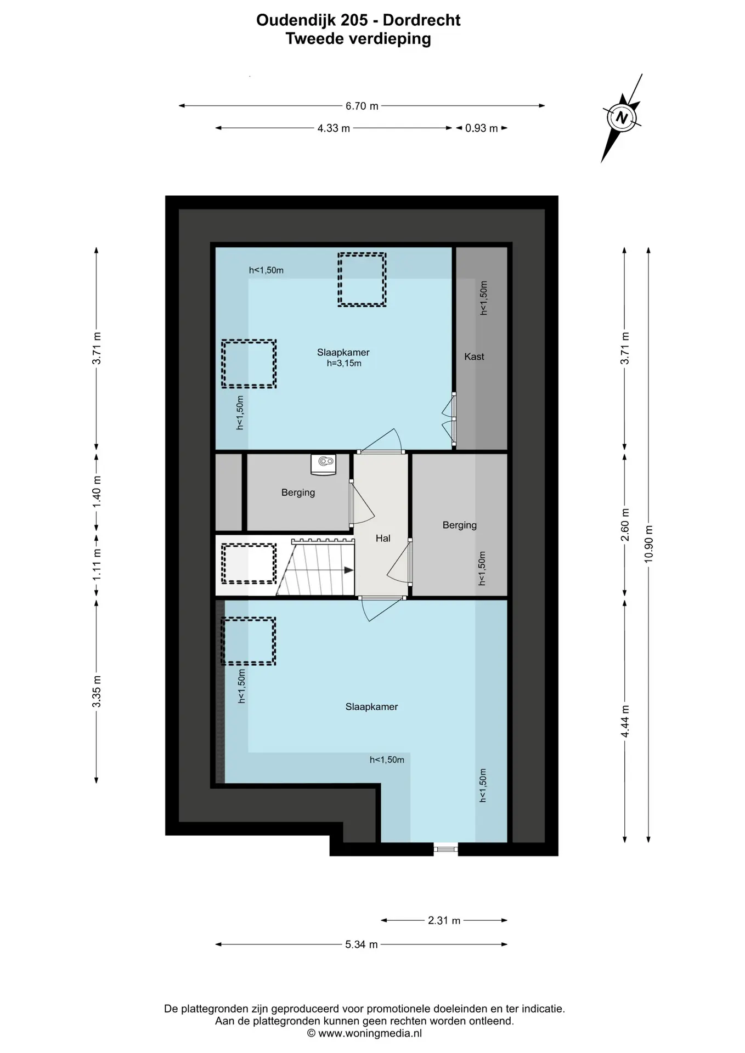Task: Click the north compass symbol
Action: click(x=622, y=118)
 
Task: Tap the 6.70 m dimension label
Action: click(x=362, y=106)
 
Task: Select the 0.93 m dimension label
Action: click(x=481, y=128)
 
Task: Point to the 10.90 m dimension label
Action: click(x=649, y=544)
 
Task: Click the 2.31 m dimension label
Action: click(x=444, y=920)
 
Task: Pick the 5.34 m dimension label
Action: click(x=362, y=944)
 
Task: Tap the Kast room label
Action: click(x=474, y=356)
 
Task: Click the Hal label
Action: click(x=383, y=539)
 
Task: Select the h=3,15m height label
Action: click(x=344, y=363)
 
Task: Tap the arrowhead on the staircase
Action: click(x=348, y=570)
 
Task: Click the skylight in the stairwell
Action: click(x=249, y=564)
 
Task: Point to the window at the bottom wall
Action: click(x=445, y=849)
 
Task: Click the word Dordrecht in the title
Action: click(x=421, y=20)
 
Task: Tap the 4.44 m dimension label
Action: click(x=625, y=721)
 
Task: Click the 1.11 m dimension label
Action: click(x=97, y=565)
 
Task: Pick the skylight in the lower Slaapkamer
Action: click(x=249, y=641)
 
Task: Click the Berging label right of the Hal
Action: click(x=460, y=525)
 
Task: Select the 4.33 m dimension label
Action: click(x=334, y=128)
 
